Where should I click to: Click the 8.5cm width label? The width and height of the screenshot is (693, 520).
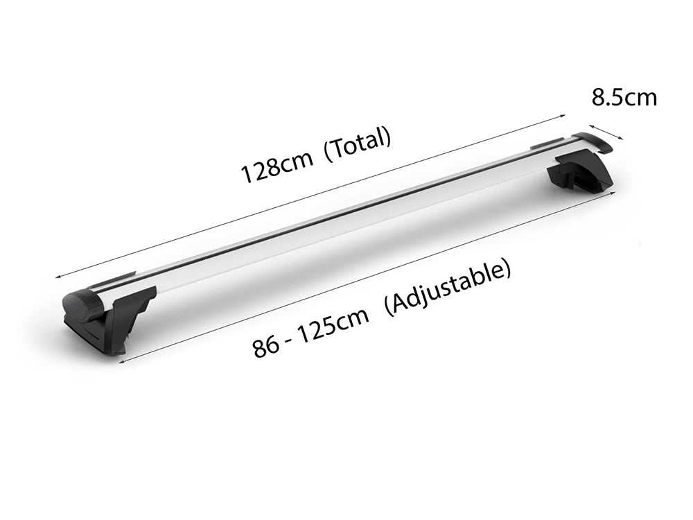[624, 98]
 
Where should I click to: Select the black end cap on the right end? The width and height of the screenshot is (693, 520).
[597, 141]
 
